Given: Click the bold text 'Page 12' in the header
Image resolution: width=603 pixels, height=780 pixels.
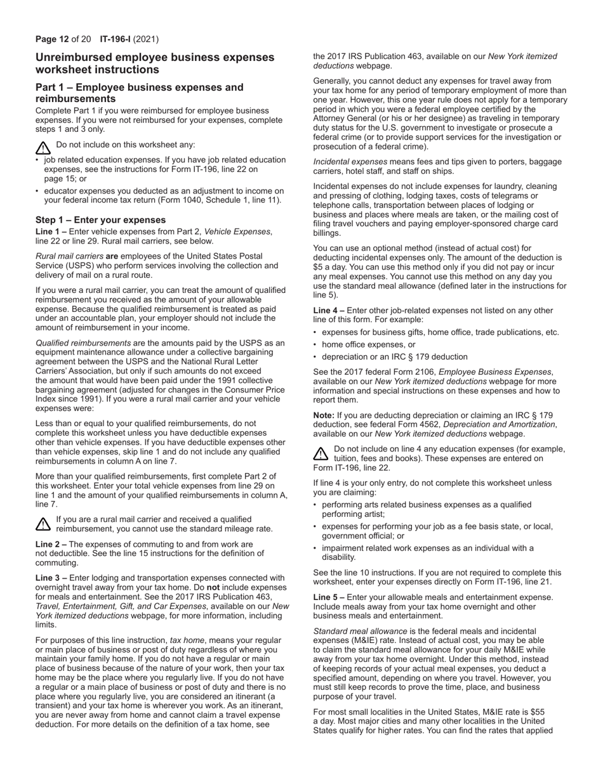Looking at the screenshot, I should pyautogui.click(x=51, y=39).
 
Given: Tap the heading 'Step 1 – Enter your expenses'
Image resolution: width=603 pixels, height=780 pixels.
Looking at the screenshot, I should pyautogui.click(x=100, y=220).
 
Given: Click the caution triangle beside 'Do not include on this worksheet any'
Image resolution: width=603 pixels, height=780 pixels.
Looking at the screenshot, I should pyautogui.click(x=43, y=148).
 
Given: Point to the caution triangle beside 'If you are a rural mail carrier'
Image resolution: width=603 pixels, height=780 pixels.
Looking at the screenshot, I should pyautogui.click(x=43, y=523).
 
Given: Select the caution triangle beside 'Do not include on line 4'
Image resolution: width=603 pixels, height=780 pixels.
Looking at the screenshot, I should pyautogui.click(x=321, y=453).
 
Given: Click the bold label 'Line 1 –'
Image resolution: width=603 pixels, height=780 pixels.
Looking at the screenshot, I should pyautogui.click(x=51, y=231).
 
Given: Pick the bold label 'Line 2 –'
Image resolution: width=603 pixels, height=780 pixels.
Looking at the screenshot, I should pyautogui.click(x=51, y=544).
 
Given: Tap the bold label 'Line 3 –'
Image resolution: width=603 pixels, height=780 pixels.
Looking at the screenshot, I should pyautogui.click(x=51, y=578).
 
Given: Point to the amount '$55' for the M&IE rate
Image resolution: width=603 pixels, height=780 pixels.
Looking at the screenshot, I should pyautogui.click(x=537, y=712).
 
